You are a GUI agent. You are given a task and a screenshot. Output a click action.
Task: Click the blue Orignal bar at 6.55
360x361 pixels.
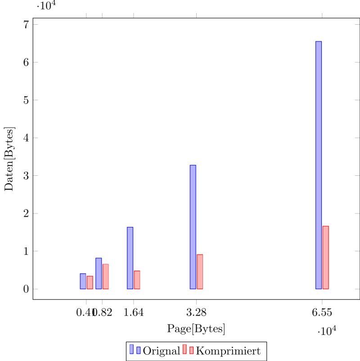[318, 165]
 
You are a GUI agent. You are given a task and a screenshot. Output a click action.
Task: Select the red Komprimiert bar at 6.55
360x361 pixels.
[326, 258]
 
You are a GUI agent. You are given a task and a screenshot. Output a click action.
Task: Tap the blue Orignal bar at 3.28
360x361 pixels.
[193, 227]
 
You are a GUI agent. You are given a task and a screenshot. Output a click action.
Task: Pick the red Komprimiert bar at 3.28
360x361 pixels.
[200, 272]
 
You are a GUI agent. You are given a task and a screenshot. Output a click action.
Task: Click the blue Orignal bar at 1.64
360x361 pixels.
[130, 258]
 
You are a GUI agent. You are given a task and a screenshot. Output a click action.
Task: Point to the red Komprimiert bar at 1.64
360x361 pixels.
[137, 280]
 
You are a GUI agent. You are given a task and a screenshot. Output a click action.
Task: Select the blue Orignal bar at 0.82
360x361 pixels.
[99, 273]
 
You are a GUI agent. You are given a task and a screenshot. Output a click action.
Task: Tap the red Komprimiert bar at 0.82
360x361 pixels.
[106, 276]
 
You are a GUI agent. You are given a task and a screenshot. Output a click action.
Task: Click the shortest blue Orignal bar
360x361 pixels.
[83, 281]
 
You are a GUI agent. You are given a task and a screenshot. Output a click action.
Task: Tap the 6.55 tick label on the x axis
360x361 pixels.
[321, 312]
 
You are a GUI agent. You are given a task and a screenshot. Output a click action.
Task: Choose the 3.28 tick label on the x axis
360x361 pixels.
[196, 312]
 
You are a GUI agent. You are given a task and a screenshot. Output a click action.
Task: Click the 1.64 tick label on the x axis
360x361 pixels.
[133, 312]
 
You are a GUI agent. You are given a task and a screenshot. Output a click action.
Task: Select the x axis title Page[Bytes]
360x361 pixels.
[196, 329]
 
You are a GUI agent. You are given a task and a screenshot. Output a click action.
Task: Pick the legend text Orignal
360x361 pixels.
[161, 350]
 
